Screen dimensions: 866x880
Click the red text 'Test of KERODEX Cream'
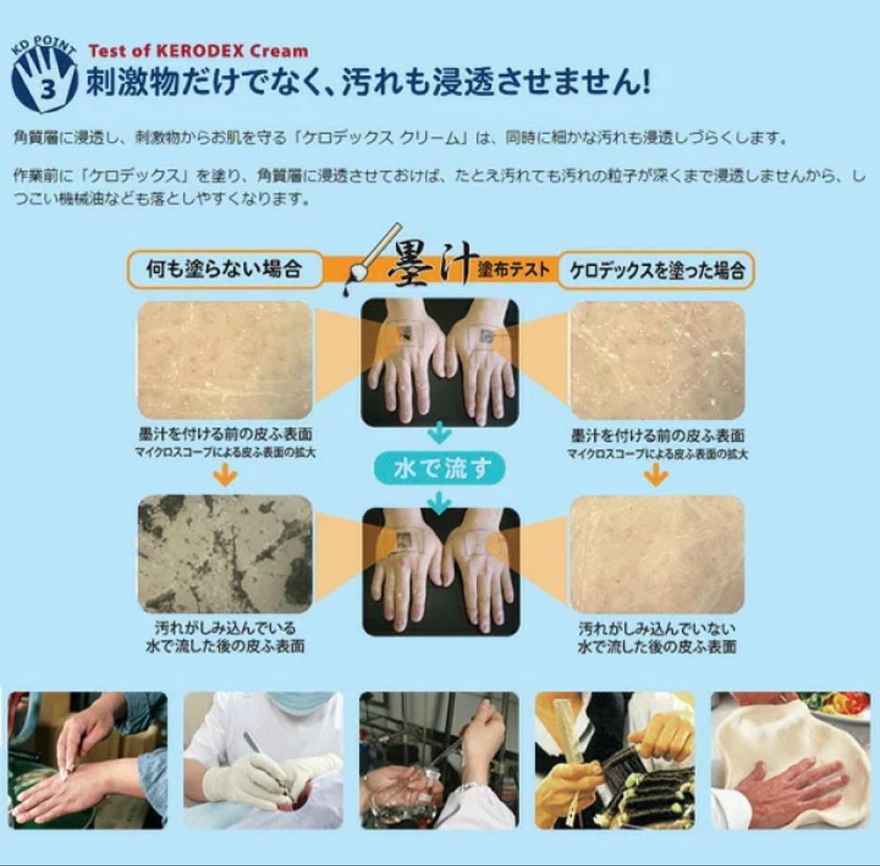click(198, 51)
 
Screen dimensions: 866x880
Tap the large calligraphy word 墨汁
click(429, 266)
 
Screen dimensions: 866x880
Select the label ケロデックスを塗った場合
click(656, 270)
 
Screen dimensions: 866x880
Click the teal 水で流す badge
click(440, 469)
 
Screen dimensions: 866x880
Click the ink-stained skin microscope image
click(225, 554)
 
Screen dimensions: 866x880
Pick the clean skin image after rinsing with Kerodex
click(657, 554)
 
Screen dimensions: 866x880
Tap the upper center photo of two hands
click(440, 361)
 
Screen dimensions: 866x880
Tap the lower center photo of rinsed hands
click(440, 571)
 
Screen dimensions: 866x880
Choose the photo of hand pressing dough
click(790, 759)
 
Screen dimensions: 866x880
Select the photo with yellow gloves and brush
click(614, 759)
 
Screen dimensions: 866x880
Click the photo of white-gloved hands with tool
click(263, 759)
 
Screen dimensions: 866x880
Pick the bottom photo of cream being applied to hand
click(88, 759)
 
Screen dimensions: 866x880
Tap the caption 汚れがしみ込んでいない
click(657, 629)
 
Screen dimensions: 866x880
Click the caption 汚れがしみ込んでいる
click(225, 629)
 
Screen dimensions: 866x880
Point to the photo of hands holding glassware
click(439, 759)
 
